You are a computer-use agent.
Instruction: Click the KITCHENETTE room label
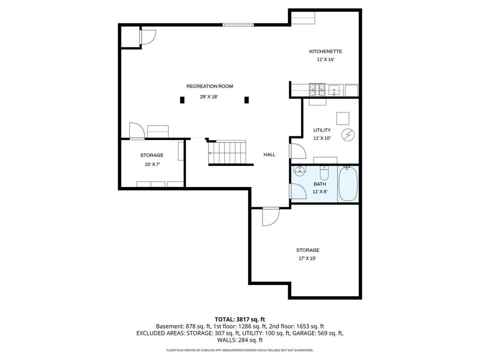pos(325,52)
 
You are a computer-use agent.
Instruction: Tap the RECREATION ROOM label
pos(210,86)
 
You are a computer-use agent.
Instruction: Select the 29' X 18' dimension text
pos(209,97)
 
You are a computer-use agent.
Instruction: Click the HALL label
pos(270,155)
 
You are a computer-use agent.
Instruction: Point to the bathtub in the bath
pos(348,184)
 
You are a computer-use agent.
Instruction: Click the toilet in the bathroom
pos(324,173)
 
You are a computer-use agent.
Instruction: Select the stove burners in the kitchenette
pos(317,90)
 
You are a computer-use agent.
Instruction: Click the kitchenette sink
pos(334,90)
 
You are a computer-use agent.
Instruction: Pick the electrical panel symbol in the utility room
pos(348,135)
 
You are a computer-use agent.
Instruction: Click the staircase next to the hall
pos(227,153)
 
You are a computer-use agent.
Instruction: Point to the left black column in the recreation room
pos(182,100)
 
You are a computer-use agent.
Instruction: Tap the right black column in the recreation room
pos(247,100)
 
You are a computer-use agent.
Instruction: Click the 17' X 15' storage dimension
pos(307,258)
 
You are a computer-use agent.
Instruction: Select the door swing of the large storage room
pos(270,217)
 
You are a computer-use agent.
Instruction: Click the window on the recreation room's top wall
pos(238,25)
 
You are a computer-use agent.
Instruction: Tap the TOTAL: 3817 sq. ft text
pos(240,320)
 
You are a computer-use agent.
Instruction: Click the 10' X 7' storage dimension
pos(152,165)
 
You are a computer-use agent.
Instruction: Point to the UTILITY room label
pos(322,130)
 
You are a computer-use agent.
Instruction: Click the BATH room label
pos(320,184)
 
